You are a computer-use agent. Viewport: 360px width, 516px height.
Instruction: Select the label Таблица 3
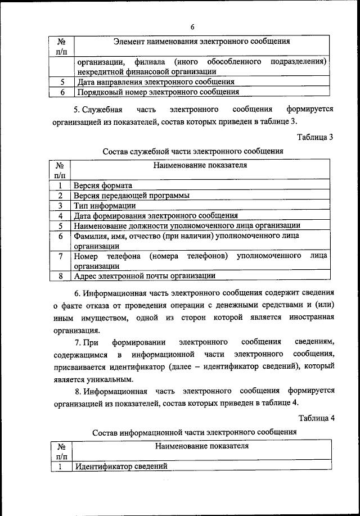[316, 137]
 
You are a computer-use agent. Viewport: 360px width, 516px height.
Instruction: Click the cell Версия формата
[103, 185]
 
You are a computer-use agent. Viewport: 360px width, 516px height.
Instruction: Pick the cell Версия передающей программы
[131, 195]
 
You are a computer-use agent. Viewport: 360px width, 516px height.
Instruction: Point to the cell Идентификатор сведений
[120, 466]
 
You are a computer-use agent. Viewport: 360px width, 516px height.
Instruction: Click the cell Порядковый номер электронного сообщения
[156, 92]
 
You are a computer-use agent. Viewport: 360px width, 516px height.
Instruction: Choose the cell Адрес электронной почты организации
[145, 276]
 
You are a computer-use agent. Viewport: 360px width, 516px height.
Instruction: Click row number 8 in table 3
[60, 276]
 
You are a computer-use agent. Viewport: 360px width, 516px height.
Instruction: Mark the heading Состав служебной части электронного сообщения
[193, 151]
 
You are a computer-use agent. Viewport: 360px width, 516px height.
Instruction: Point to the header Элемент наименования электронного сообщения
[201, 41]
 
